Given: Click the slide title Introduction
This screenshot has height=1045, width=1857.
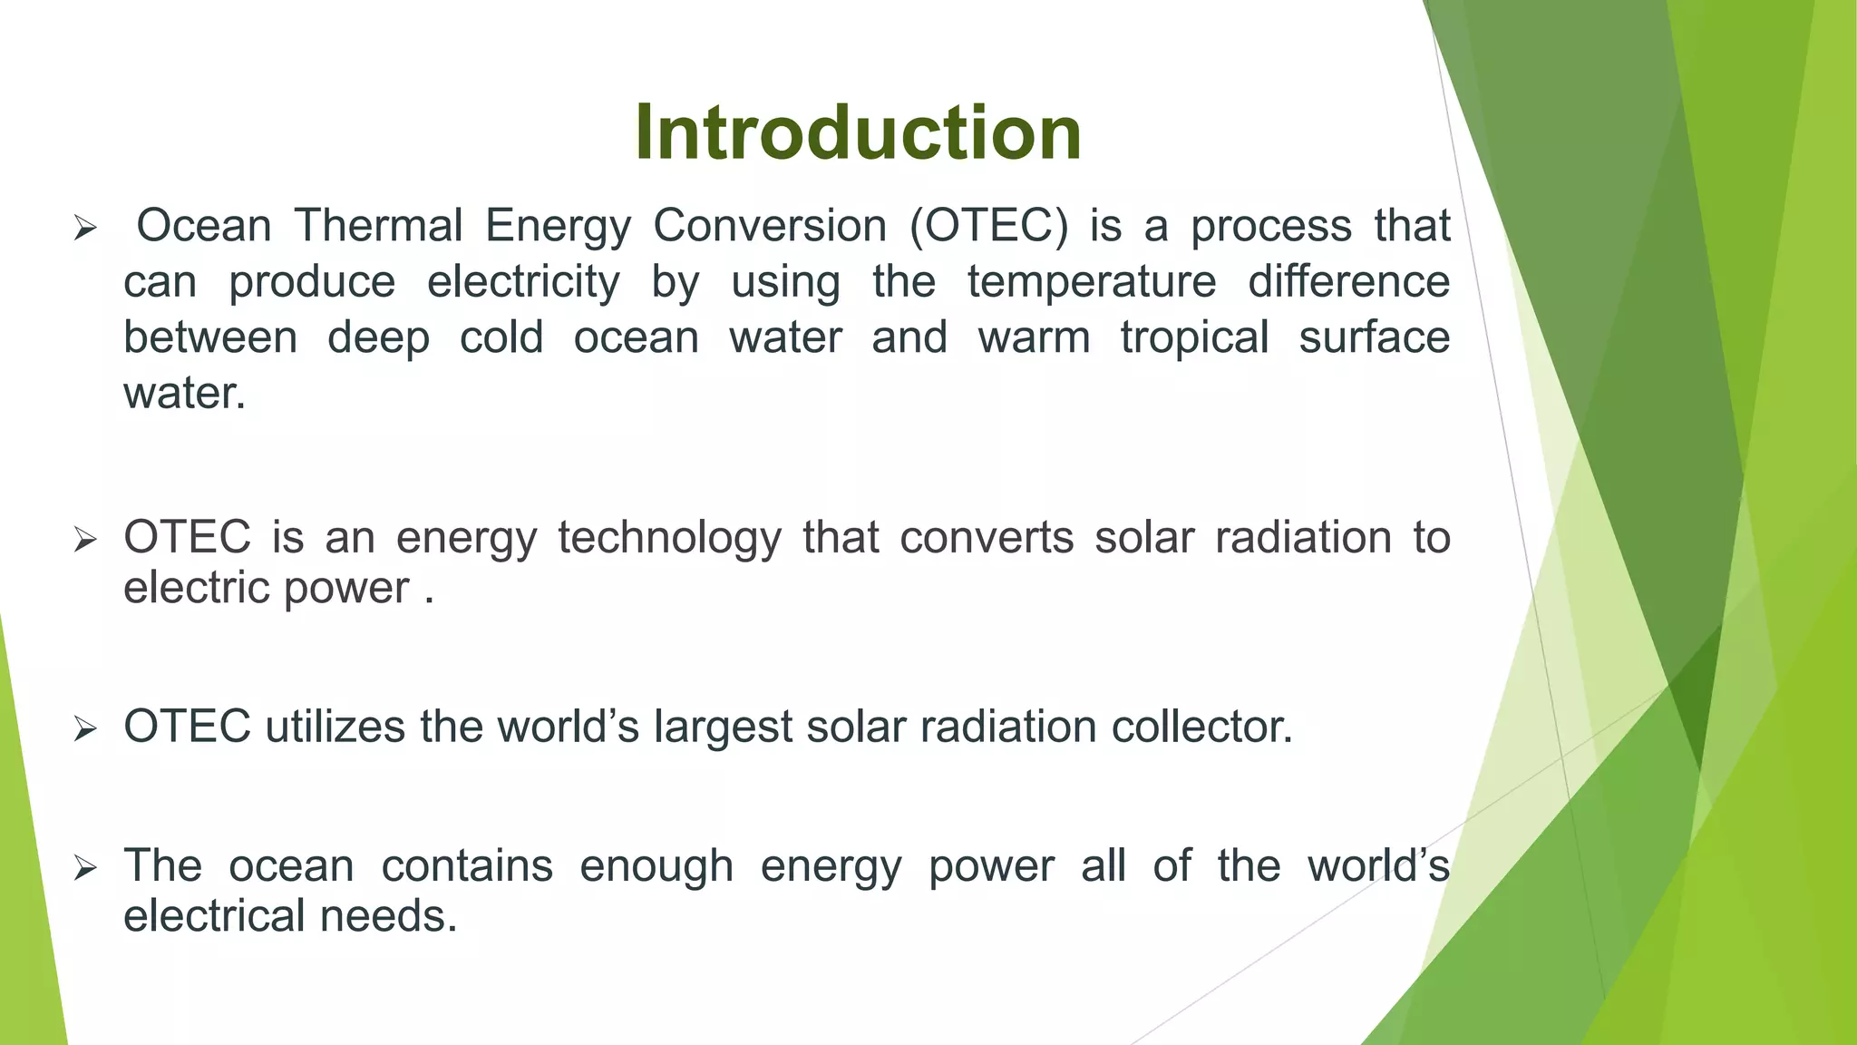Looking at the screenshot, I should click(x=858, y=132).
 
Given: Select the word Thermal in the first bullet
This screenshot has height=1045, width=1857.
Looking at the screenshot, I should click(x=378, y=226).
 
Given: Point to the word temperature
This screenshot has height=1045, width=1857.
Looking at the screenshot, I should click(x=1091, y=282).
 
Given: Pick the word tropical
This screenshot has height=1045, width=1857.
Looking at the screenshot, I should click(x=1193, y=338).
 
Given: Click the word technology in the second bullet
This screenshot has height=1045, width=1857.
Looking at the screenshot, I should click(x=669, y=537).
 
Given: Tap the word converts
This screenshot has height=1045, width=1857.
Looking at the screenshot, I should click(x=987, y=537).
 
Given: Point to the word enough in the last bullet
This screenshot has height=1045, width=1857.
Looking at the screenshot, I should click(x=656, y=865).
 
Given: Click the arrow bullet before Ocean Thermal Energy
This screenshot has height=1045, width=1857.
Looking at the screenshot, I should click(x=85, y=229).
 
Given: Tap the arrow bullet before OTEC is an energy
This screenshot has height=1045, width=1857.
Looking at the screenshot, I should click(x=85, y=541).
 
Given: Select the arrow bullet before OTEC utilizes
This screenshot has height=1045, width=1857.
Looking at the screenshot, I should click(x=85, y=729).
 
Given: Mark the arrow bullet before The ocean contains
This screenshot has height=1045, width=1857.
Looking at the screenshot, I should click(x=85, y=868).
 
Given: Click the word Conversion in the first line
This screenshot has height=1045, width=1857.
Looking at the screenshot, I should click(x=770, y=226).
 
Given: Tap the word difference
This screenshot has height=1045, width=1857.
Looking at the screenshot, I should click(x=1348, y=282).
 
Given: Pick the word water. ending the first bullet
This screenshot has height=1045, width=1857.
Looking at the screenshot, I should click(x=184, y=395).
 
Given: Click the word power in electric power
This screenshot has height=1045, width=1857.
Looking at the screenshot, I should click(x=347, y=589).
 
